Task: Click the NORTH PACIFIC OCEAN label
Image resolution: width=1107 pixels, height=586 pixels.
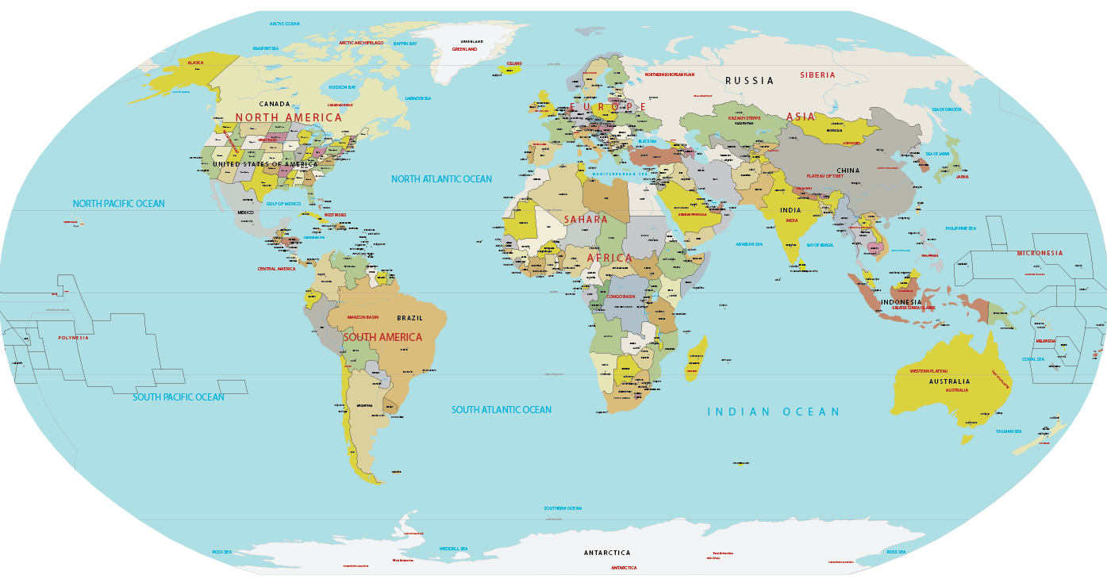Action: pos(119,204)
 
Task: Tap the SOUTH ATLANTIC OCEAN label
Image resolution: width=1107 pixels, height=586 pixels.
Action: pos(501,410)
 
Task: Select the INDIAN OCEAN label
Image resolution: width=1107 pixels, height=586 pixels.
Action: pos(773,412)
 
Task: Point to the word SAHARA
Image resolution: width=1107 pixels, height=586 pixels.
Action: pos(586,220)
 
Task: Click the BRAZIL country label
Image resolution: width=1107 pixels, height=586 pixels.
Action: pos(410,318)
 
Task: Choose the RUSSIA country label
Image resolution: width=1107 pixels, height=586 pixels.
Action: pos(749,81)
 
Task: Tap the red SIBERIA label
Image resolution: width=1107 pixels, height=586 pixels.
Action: pos(817,75)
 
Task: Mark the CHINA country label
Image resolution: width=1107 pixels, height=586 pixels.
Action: pos(848,170)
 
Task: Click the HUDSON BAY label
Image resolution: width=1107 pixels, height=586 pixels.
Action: pos(342,87)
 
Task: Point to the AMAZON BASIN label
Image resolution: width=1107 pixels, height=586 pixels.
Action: pos(363,317)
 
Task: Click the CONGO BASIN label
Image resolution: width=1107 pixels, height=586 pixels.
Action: pos(621,297)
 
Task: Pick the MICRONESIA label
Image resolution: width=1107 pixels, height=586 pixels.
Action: pos(1040,254)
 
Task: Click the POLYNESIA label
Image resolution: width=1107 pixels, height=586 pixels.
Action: pos(73,338)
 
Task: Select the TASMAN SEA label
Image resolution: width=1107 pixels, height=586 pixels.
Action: pos(1009,431)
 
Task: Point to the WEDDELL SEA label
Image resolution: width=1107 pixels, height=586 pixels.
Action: pos(453,549)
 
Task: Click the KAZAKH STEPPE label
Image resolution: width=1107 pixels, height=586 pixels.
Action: pos(744,118)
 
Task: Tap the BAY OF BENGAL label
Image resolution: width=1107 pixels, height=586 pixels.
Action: pos(820,245)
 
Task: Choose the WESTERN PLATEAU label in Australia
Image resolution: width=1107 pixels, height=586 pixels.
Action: pos(928,371)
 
